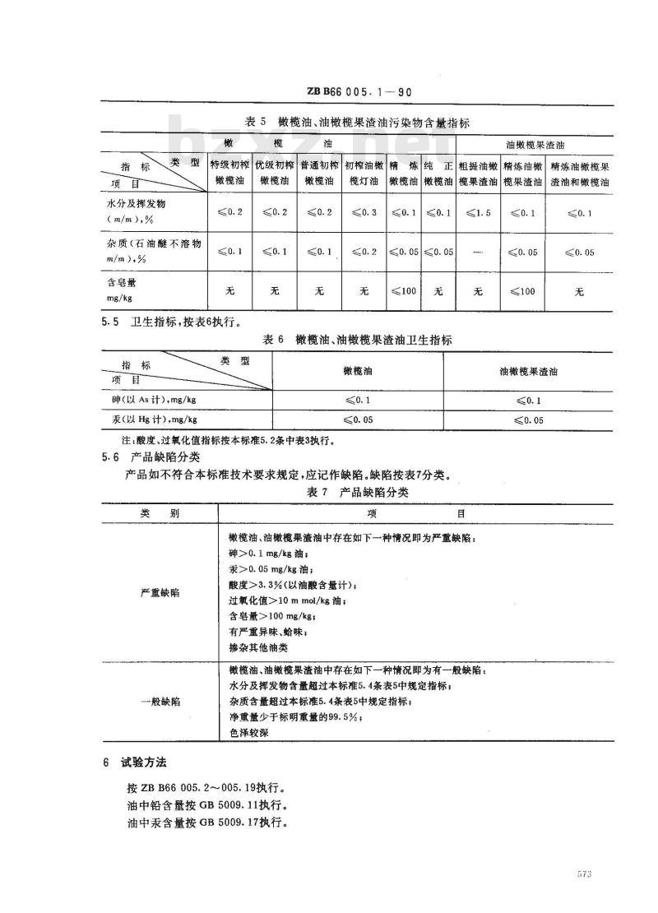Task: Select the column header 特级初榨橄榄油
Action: pos(229,172)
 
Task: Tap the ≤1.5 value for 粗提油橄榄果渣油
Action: pos(477,213)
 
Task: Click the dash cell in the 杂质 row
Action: pos(477,252)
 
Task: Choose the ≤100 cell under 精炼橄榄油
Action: pos(404,291)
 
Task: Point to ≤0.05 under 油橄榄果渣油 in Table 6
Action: pos(529,420)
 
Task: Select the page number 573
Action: pos(585,874)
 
